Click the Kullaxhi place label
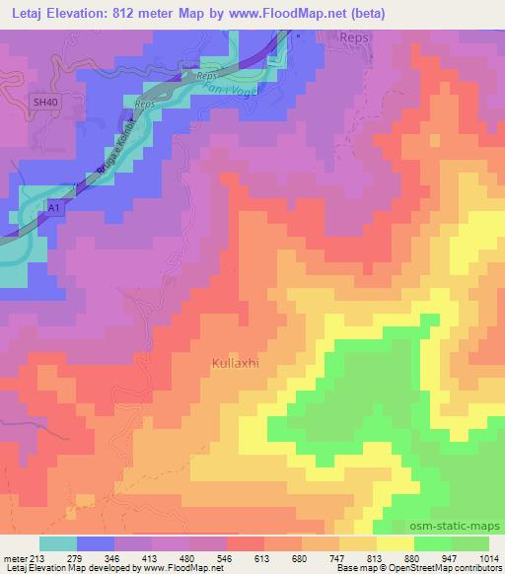coord(235,364)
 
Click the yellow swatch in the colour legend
coord(395,544)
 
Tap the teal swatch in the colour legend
coord(58,544)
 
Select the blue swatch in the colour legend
coord(96,544)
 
